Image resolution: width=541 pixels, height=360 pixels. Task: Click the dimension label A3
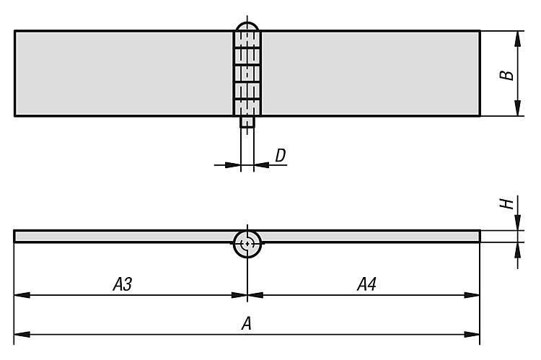[x=123, y=285]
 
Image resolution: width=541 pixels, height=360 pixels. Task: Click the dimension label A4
[x=366, y=285]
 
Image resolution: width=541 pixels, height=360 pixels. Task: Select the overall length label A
[x=246, y=325]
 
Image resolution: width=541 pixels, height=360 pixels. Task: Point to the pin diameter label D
[x=281, y=154]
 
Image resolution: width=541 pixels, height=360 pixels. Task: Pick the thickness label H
[x=510, y=203]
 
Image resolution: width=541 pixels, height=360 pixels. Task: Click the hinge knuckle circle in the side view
[x=247, y=244]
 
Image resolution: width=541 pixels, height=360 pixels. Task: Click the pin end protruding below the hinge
[x=247, y=123]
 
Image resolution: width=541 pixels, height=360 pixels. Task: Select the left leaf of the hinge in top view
[x=123, y=73]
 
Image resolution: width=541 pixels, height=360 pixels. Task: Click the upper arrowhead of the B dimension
[x=518, y=36]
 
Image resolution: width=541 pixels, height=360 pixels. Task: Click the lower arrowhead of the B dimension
[x=518, y=110]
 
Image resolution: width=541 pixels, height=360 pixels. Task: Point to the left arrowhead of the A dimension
[x=20, y=334]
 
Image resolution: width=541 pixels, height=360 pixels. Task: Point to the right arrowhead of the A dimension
[x=475, y=334]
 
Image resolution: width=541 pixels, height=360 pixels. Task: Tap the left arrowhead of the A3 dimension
[x=20, y=295]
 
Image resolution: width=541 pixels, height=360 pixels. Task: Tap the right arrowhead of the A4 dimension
[x=475, y=295]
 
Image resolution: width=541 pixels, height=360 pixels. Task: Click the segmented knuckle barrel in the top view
[x=247, y=73]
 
